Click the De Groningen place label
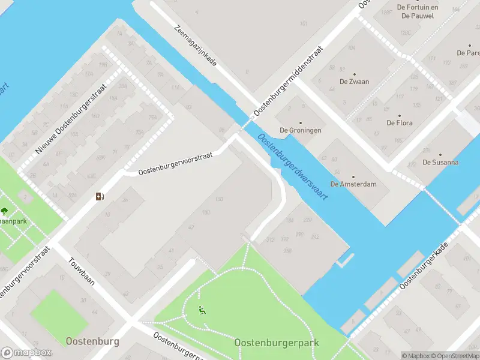coord(300,130)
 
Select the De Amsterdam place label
coord(354,184)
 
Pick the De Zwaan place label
coord(354,82)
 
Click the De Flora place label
coord(399,123)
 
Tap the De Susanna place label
coord(440,162)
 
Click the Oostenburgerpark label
coord(277,343)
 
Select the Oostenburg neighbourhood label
coord(92,341)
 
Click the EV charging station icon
coord(100,196)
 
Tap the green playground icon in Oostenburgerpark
coord(202,310)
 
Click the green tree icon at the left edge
coord(4,211)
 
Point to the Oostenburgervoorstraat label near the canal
coord(175,163)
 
